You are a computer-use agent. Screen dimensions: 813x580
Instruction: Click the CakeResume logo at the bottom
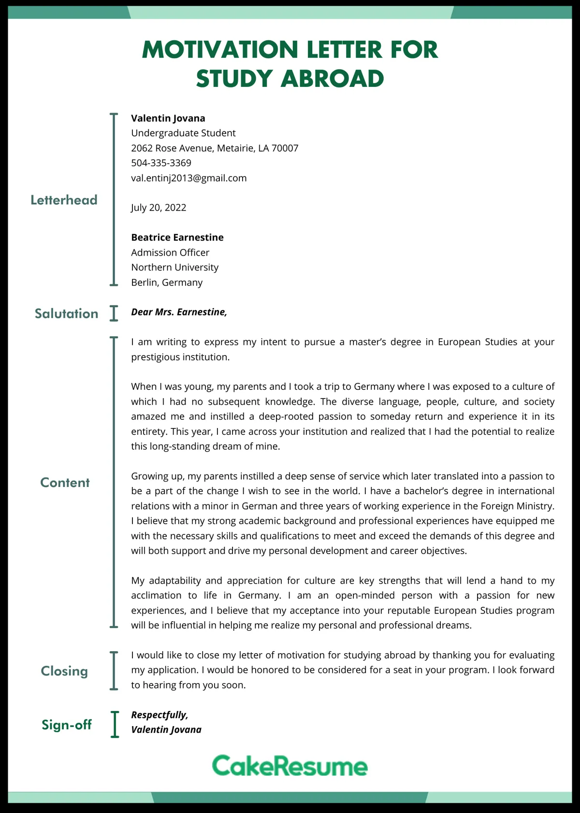(290, 766)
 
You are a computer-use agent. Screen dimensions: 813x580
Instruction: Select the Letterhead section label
(64, 200)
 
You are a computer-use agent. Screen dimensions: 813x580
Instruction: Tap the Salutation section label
(66, 314)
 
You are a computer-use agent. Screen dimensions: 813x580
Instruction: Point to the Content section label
(65, 483)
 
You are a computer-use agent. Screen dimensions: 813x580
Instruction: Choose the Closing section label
(64, 671)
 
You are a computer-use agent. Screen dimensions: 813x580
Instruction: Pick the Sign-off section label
(67, 725)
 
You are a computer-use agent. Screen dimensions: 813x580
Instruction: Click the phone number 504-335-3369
(161, 163)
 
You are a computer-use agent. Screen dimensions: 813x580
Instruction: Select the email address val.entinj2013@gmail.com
(188, 178)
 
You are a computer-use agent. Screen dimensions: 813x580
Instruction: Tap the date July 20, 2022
(159, 208)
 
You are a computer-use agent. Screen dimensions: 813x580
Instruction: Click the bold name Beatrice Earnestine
(177, 237)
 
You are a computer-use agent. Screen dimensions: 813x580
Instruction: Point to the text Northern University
(174, 267)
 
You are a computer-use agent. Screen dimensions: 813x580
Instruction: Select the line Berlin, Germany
(167, 282)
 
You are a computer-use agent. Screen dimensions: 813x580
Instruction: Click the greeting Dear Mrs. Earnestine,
(179, 312)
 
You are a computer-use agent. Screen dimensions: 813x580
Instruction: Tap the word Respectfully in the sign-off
(159, 714)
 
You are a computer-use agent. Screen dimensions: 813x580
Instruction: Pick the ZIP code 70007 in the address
(285, 148)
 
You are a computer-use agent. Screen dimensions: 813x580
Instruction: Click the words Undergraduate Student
(183, 133)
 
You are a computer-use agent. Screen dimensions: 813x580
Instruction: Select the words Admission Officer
(170, 252)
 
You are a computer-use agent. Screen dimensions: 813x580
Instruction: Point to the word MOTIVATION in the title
(220, 50)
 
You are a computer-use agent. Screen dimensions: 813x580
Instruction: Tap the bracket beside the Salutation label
(114, 313)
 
